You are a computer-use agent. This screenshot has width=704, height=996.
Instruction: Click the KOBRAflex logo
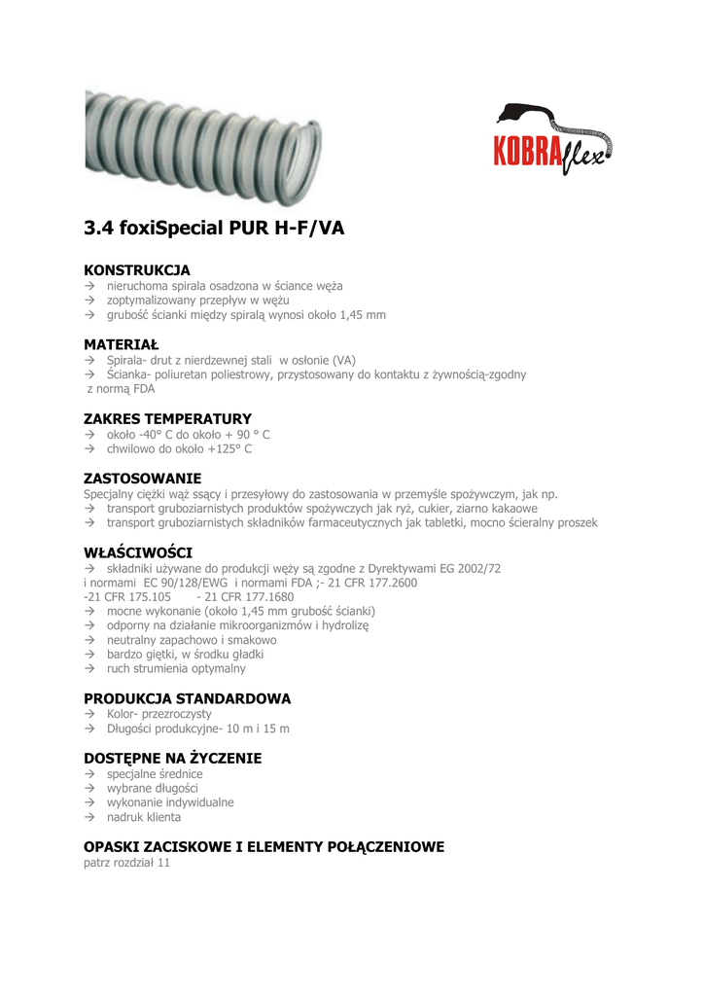(x=553, y=140)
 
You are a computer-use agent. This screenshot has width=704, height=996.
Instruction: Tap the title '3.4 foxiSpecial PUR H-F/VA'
(x=214, y=229)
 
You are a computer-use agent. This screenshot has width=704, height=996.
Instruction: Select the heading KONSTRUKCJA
(x=137, y=269)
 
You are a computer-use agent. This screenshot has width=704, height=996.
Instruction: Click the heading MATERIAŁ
(x=122, y=344)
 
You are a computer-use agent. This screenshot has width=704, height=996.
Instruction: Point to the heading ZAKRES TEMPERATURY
(x=167, y=418)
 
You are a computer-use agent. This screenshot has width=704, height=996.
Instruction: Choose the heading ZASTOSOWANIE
(x=142, y=478)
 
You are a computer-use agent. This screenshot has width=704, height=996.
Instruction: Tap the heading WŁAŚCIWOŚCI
(x=138, y=552)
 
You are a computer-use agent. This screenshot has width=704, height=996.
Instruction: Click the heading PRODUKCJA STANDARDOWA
(x=187, y=698)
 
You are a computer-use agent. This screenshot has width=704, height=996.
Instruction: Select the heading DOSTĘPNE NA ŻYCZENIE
(x=172, y=758)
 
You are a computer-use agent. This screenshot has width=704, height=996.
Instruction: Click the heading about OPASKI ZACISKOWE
(x=264, y=846)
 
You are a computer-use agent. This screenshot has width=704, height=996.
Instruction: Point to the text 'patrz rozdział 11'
(x=126, y=863)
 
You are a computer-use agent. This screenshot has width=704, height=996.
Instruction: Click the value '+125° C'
(x=229, y=449)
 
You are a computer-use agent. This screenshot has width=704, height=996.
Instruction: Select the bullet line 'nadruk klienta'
(x=143, y=817)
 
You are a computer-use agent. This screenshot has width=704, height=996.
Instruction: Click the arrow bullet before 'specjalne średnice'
(x=88, y=774)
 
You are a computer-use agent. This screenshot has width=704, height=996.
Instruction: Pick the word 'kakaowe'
(x=515, y=508)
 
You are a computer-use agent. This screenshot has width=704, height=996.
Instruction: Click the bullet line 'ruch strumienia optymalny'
(x=176, y=668)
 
